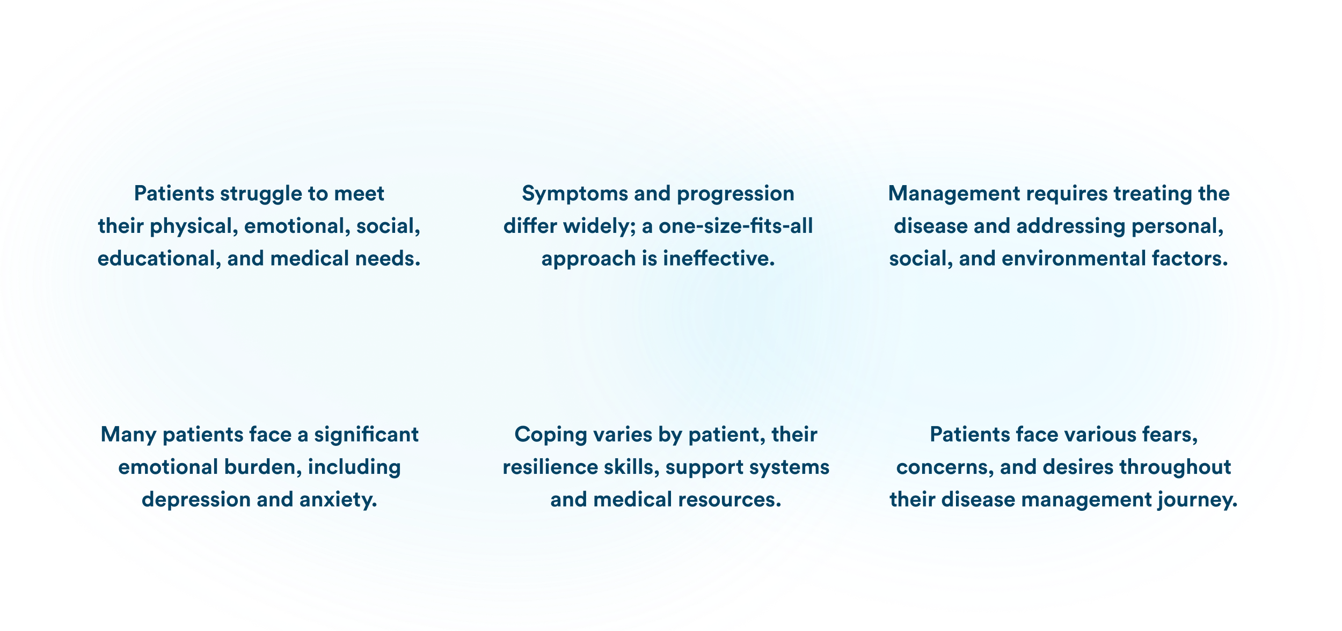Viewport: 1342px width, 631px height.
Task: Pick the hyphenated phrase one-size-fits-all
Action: tap(735, 226)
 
